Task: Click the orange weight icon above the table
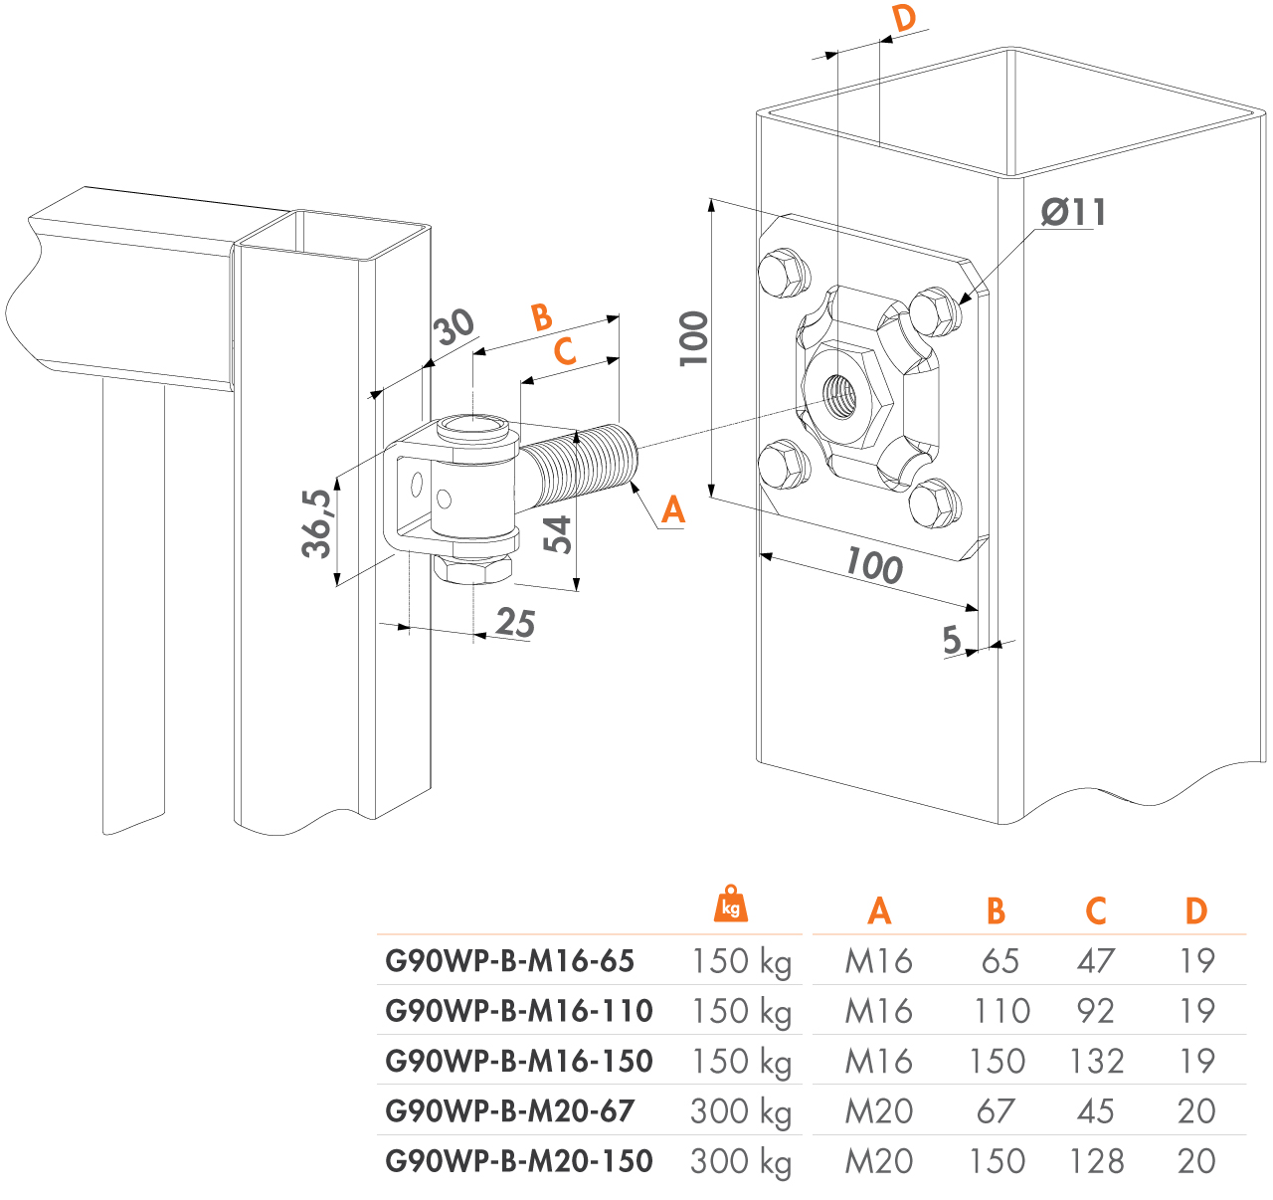(731, 902)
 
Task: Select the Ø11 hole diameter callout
(1073, 212)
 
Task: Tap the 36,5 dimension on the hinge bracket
(318, 523)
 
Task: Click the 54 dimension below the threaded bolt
(559, 534)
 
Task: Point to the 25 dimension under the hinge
(515, 623)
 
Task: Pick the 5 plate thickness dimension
(952, 640)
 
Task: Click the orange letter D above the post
(903, 19)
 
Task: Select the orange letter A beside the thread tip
(673, 509)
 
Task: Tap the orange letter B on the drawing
(541, 317)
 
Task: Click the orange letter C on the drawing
(564, 351)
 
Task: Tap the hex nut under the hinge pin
(471, 569)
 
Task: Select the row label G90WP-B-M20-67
(509, 1110)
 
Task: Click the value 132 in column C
(1096, 1061)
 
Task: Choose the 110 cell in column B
(1000, 1011)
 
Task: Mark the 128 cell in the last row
(1096, 1161)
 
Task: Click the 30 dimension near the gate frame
(455, 326)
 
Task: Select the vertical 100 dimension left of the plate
(694, 338)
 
